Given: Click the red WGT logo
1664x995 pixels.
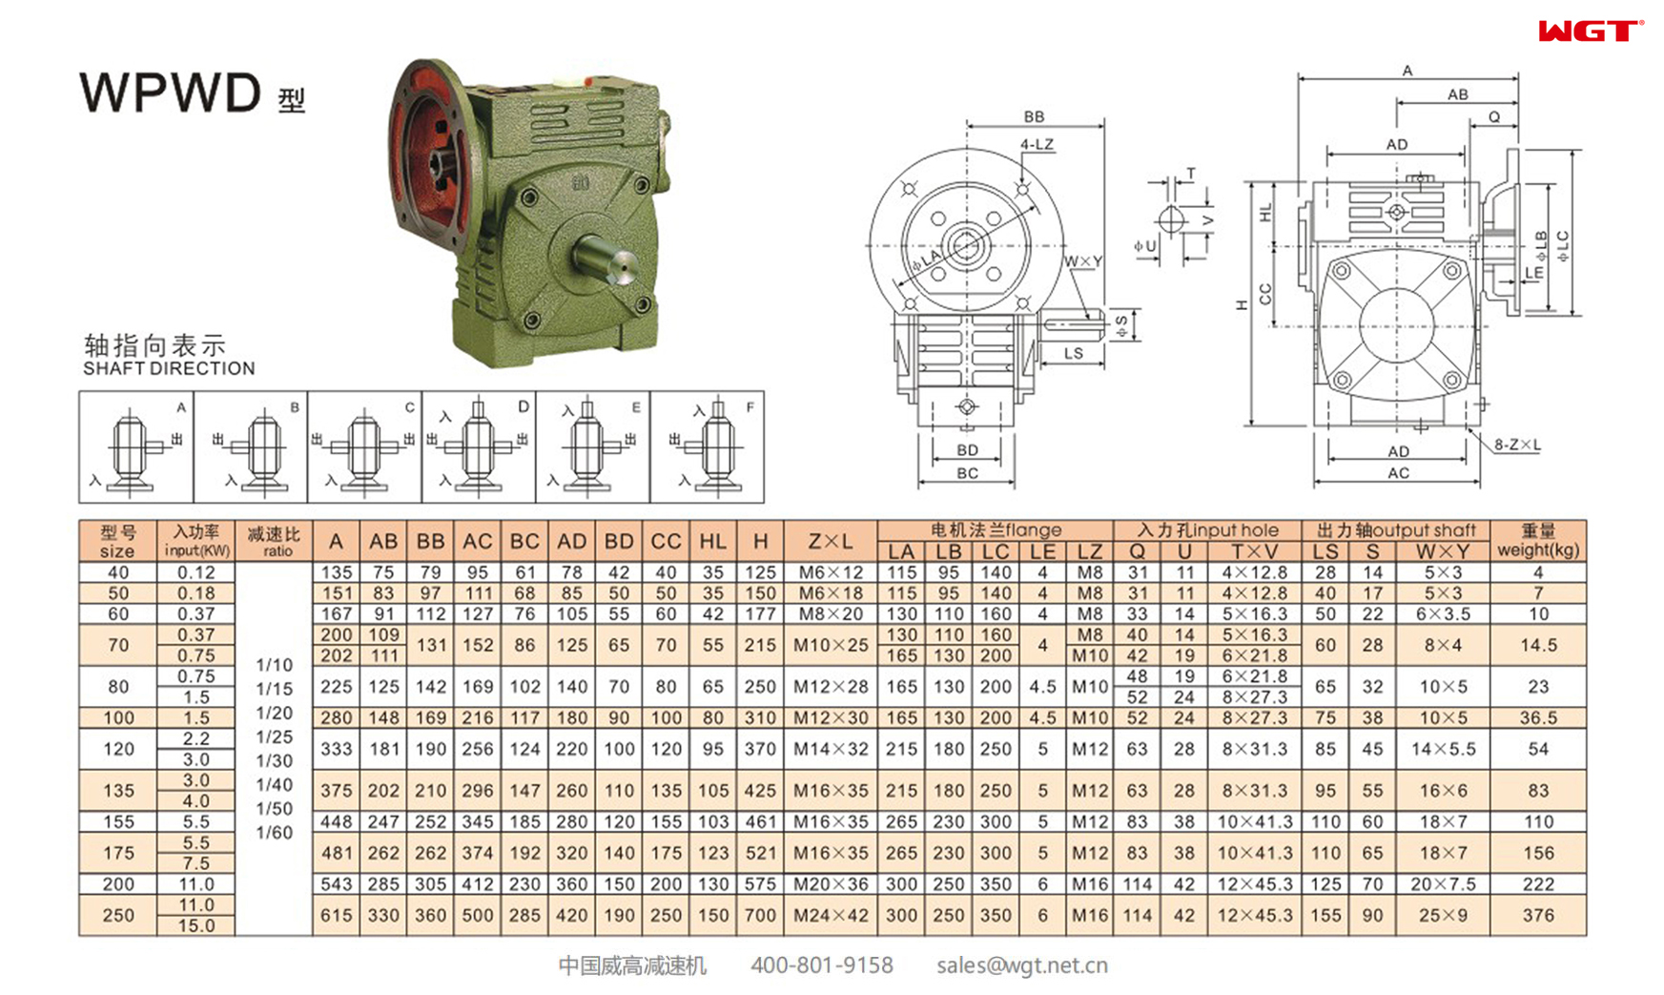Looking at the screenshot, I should point(1590,31).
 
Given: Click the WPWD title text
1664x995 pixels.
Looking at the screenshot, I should point(170,93).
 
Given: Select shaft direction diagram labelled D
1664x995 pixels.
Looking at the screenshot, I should point(479,446).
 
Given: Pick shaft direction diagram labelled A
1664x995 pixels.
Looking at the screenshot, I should point(136,446).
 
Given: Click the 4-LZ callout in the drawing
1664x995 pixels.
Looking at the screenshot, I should point(1037,144).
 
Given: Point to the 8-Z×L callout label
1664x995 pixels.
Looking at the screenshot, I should point(1516,445).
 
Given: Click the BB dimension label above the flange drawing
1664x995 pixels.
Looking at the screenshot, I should point(1034,116).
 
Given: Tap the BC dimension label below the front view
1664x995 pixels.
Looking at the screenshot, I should point(967,473).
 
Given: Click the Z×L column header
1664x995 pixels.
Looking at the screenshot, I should point(830,541).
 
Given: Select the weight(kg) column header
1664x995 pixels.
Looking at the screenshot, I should point(1537,541).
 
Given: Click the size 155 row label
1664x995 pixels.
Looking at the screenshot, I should point(118,821).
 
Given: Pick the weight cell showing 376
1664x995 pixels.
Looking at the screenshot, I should point(1537,915).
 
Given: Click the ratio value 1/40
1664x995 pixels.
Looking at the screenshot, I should point(274,784).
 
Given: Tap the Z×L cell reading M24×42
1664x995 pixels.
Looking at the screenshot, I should point(830,915).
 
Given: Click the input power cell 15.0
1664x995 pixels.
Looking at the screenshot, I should point(195,925).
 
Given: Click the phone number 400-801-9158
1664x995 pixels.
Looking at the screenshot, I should point(821,965).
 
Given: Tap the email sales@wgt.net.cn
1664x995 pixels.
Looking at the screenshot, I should point(1021,965).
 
